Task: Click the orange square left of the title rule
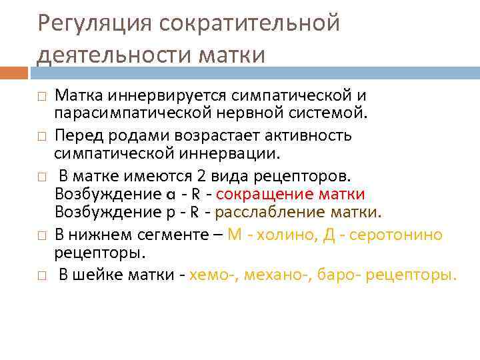tap(13, 72)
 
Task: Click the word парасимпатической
tap(125, 111)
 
